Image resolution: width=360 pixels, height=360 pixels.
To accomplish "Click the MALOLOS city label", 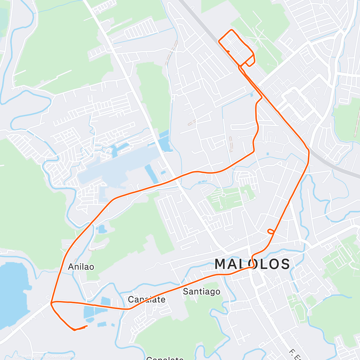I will tap(252, 264).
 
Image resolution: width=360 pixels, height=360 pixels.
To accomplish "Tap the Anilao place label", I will tap(81, 267).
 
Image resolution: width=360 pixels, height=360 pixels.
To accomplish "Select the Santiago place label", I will tap(202, 291).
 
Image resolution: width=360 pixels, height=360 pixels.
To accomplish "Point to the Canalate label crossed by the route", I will tap(146, 299).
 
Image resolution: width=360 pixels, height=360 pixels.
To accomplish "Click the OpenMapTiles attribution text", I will tap(31, 356).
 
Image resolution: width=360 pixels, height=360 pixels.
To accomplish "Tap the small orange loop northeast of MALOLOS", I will tap(271, 231).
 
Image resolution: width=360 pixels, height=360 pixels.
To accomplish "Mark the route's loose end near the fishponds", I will tap(87, 326).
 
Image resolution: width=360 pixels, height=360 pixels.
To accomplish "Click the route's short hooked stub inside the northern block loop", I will tap(229, 52).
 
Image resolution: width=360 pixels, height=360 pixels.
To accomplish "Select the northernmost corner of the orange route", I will tap(232, 30).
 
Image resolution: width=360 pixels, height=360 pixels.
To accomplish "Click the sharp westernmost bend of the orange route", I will tap(51, 303).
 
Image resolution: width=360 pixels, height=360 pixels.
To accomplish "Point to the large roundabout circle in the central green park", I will tap(223, 195).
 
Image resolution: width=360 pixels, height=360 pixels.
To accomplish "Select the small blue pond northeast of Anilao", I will tap(102, 229).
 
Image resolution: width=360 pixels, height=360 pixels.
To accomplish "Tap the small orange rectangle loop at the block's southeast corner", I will tap(250, 62).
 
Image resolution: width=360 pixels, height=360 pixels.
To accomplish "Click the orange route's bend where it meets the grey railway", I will tap(307, 150).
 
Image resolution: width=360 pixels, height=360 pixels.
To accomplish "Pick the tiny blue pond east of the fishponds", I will tap(113, 325).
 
